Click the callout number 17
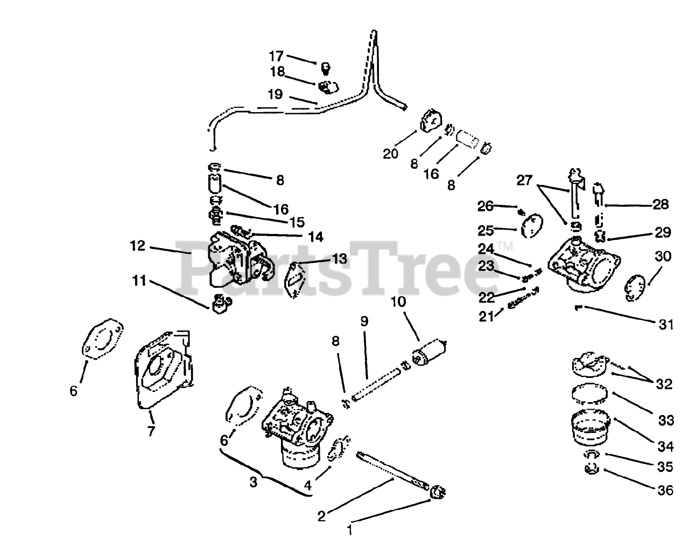[276, 56]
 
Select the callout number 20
[390, 154]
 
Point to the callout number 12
[137, 246]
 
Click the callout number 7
[151, 431]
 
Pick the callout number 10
[398, 303]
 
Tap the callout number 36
[665, 490]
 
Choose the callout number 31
[666, 325]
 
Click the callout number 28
[662, 204]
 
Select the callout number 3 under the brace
[254, 481]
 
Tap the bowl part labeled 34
[591, 426]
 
